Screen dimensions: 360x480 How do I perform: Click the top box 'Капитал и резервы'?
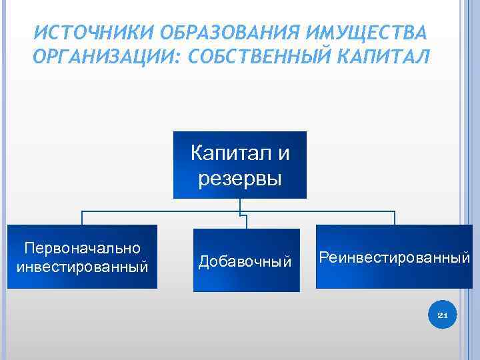click(x=240, y=165)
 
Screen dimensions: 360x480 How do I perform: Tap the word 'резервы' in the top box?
click(x=240, y=178)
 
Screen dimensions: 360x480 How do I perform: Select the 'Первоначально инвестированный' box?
click(x=82, y=256)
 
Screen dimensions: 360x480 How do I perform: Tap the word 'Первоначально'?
click(x=82, y=248)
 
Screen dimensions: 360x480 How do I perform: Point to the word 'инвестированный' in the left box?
click(x=82, y=267)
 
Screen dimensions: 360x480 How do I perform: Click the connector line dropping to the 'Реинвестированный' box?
click(x=395, y=218)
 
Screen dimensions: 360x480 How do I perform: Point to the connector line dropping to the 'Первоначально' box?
click(x=82, y=218)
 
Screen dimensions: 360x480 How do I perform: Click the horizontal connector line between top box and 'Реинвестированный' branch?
click(x=320, y=212)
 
